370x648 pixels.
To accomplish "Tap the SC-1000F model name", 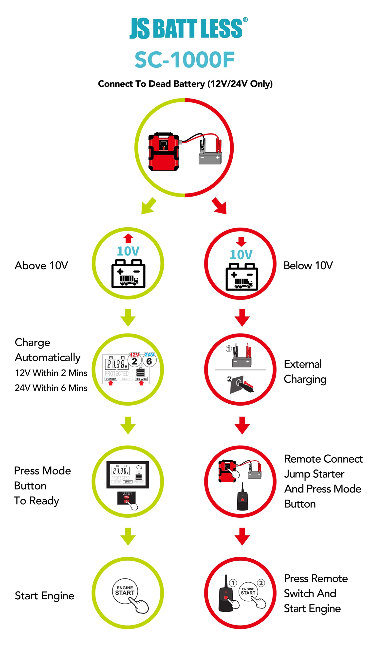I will (185, 60).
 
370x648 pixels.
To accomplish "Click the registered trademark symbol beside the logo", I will (245, 20).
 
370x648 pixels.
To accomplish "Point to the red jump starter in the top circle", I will (163, 152).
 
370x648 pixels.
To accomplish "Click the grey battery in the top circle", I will (210, 158).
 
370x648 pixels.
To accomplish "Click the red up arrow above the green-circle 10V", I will (128, 238).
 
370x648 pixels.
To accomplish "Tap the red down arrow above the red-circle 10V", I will (241, 241).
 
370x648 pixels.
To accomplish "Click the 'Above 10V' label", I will (41, 266).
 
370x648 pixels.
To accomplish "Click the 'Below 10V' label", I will (308, 266).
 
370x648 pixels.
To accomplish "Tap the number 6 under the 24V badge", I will (149, 361).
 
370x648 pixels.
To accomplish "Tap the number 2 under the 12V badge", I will (134, 361).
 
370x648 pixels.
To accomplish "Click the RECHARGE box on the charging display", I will (141, 379).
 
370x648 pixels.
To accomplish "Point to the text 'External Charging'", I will (305, 372).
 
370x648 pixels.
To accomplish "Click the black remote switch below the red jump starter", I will (242, 500).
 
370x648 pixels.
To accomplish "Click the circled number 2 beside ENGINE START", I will (261, 583).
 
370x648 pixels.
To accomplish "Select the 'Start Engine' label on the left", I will (44, 596).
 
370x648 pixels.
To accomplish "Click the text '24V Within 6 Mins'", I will (51, 388).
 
